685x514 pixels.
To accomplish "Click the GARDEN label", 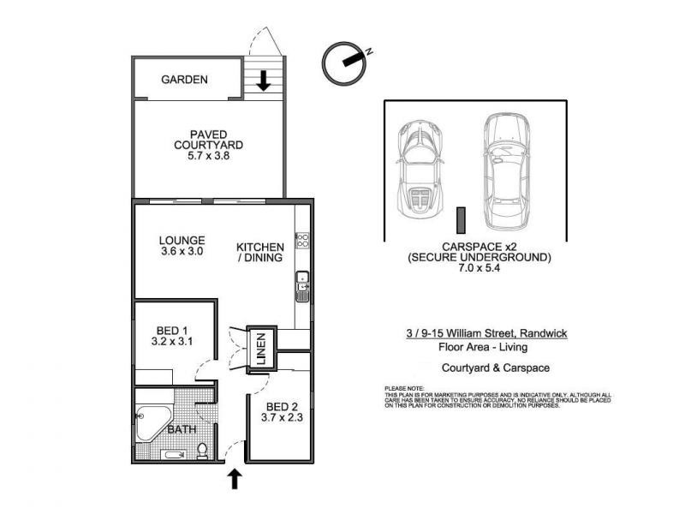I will pyautogui.click(x=185, y=80).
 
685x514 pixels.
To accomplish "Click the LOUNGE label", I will pyautogui.click(x=181, y=240).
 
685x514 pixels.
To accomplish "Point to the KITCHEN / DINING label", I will pyautogui.click(x=260, y=251).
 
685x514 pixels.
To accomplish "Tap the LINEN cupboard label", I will pyautogui.click(x=262, y=349).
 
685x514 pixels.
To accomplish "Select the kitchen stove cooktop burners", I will pyautogui.click(x=301, y=240).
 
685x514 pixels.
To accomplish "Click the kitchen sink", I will pyautogui.click(x=302, y=287).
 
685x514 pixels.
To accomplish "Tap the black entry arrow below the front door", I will pyautogui.click(x=234, y=478).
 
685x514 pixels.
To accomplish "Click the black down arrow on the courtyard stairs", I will pyautogui.click(x=264, y=81).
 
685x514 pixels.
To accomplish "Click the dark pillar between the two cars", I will pyautogui.click(x=460, y=220).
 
